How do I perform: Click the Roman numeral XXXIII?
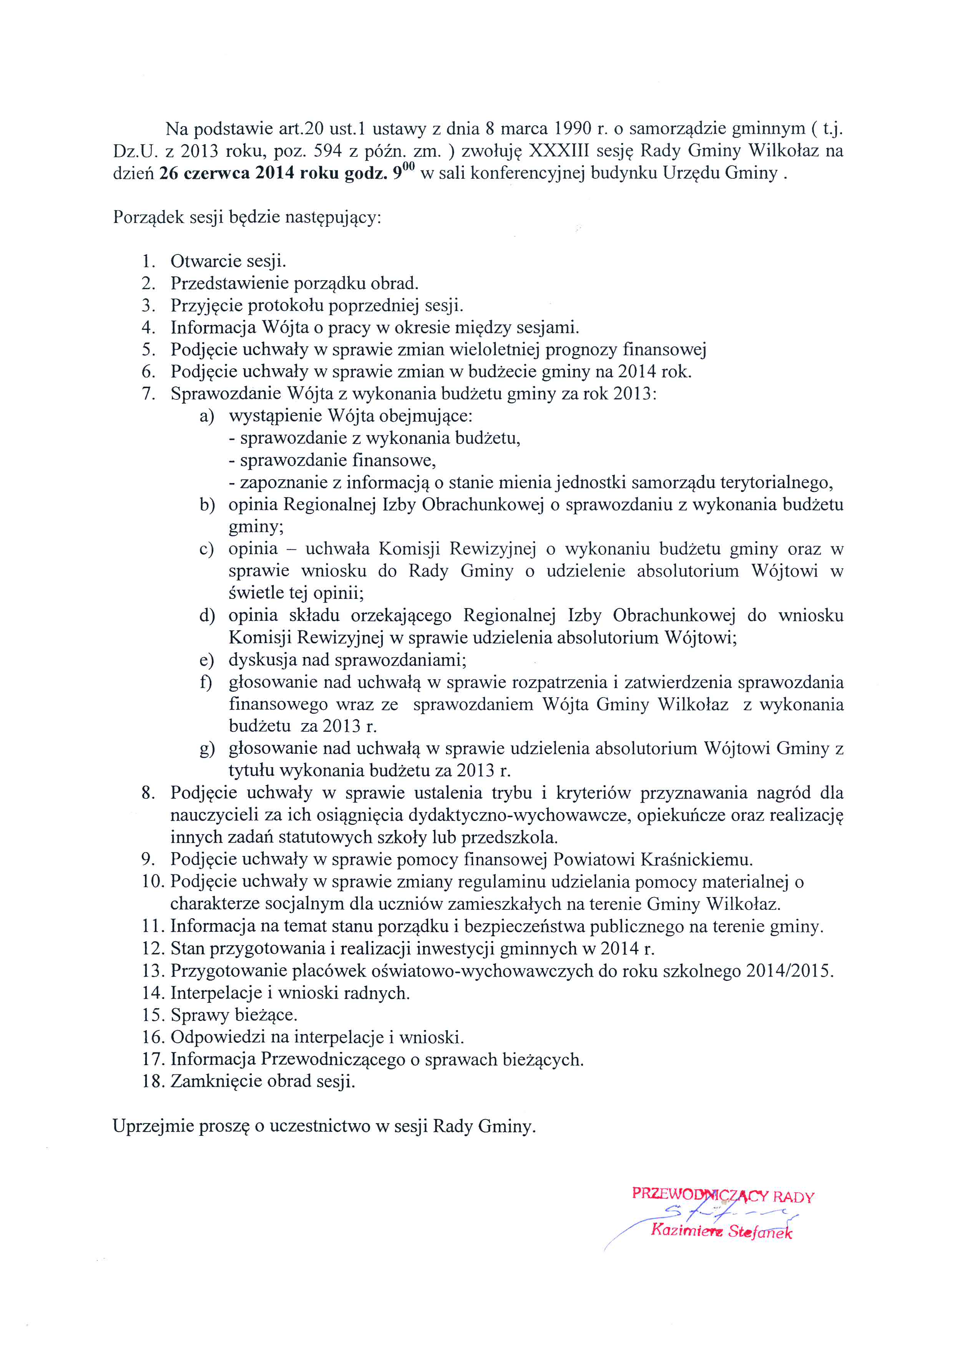coord(559,151)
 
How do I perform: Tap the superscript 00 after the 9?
coord(408,167)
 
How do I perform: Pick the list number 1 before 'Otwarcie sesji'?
coord(148,261)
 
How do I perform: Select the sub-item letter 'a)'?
coord(207,416)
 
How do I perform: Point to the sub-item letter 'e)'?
coord(207,660)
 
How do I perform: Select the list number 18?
coord(152,1082)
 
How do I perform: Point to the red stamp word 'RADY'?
coord(794,1197)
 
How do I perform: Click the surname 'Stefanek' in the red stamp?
coord(760,1232)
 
